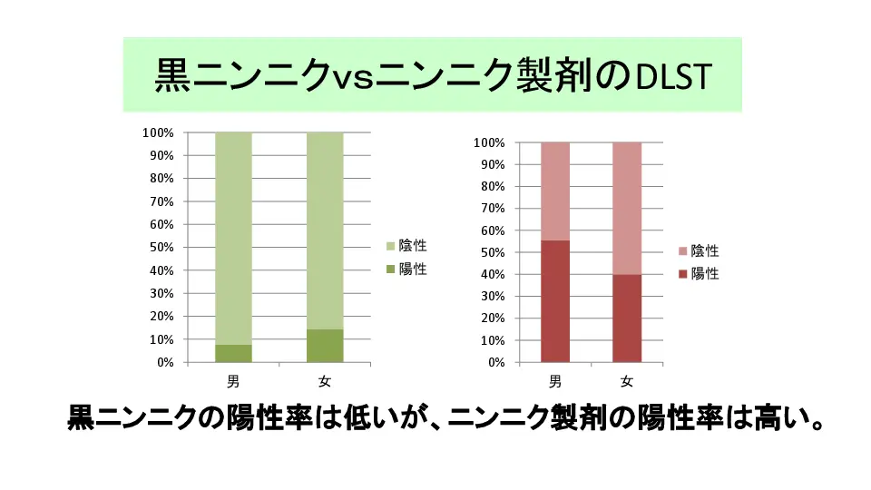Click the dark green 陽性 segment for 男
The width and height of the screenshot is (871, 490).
(233, 353)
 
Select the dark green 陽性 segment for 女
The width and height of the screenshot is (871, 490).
(325, 346)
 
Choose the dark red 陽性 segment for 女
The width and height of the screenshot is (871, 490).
(627, 318)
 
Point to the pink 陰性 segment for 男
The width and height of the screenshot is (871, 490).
(555, 191)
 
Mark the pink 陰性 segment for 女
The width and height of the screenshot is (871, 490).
(627, 208)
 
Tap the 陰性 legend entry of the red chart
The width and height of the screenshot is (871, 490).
(698, 251)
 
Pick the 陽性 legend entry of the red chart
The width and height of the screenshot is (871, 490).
(698, 273)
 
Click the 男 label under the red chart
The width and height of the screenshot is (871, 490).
(555, 380)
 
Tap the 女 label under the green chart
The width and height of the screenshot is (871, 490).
(325, 380)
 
